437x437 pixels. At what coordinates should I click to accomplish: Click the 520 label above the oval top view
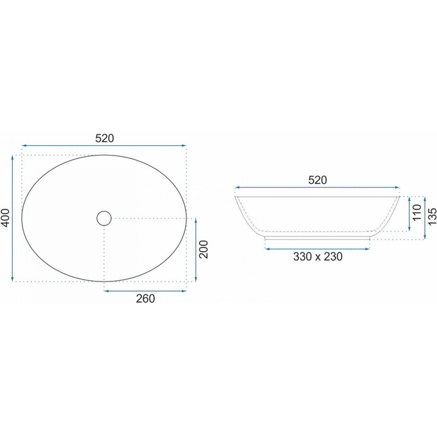(105, 138)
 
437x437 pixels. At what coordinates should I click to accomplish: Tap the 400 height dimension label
(6, 218)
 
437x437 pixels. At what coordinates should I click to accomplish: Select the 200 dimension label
(204, 249)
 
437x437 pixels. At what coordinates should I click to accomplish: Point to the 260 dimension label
(145, 298)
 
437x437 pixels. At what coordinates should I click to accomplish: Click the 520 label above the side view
(317, 180)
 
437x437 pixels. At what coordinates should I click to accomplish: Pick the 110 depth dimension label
(417, 212)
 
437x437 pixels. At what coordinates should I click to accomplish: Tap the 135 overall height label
(432, 217)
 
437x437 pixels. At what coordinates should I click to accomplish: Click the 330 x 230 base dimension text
(317, 256)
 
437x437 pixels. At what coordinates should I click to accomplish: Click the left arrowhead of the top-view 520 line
(24, 145)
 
